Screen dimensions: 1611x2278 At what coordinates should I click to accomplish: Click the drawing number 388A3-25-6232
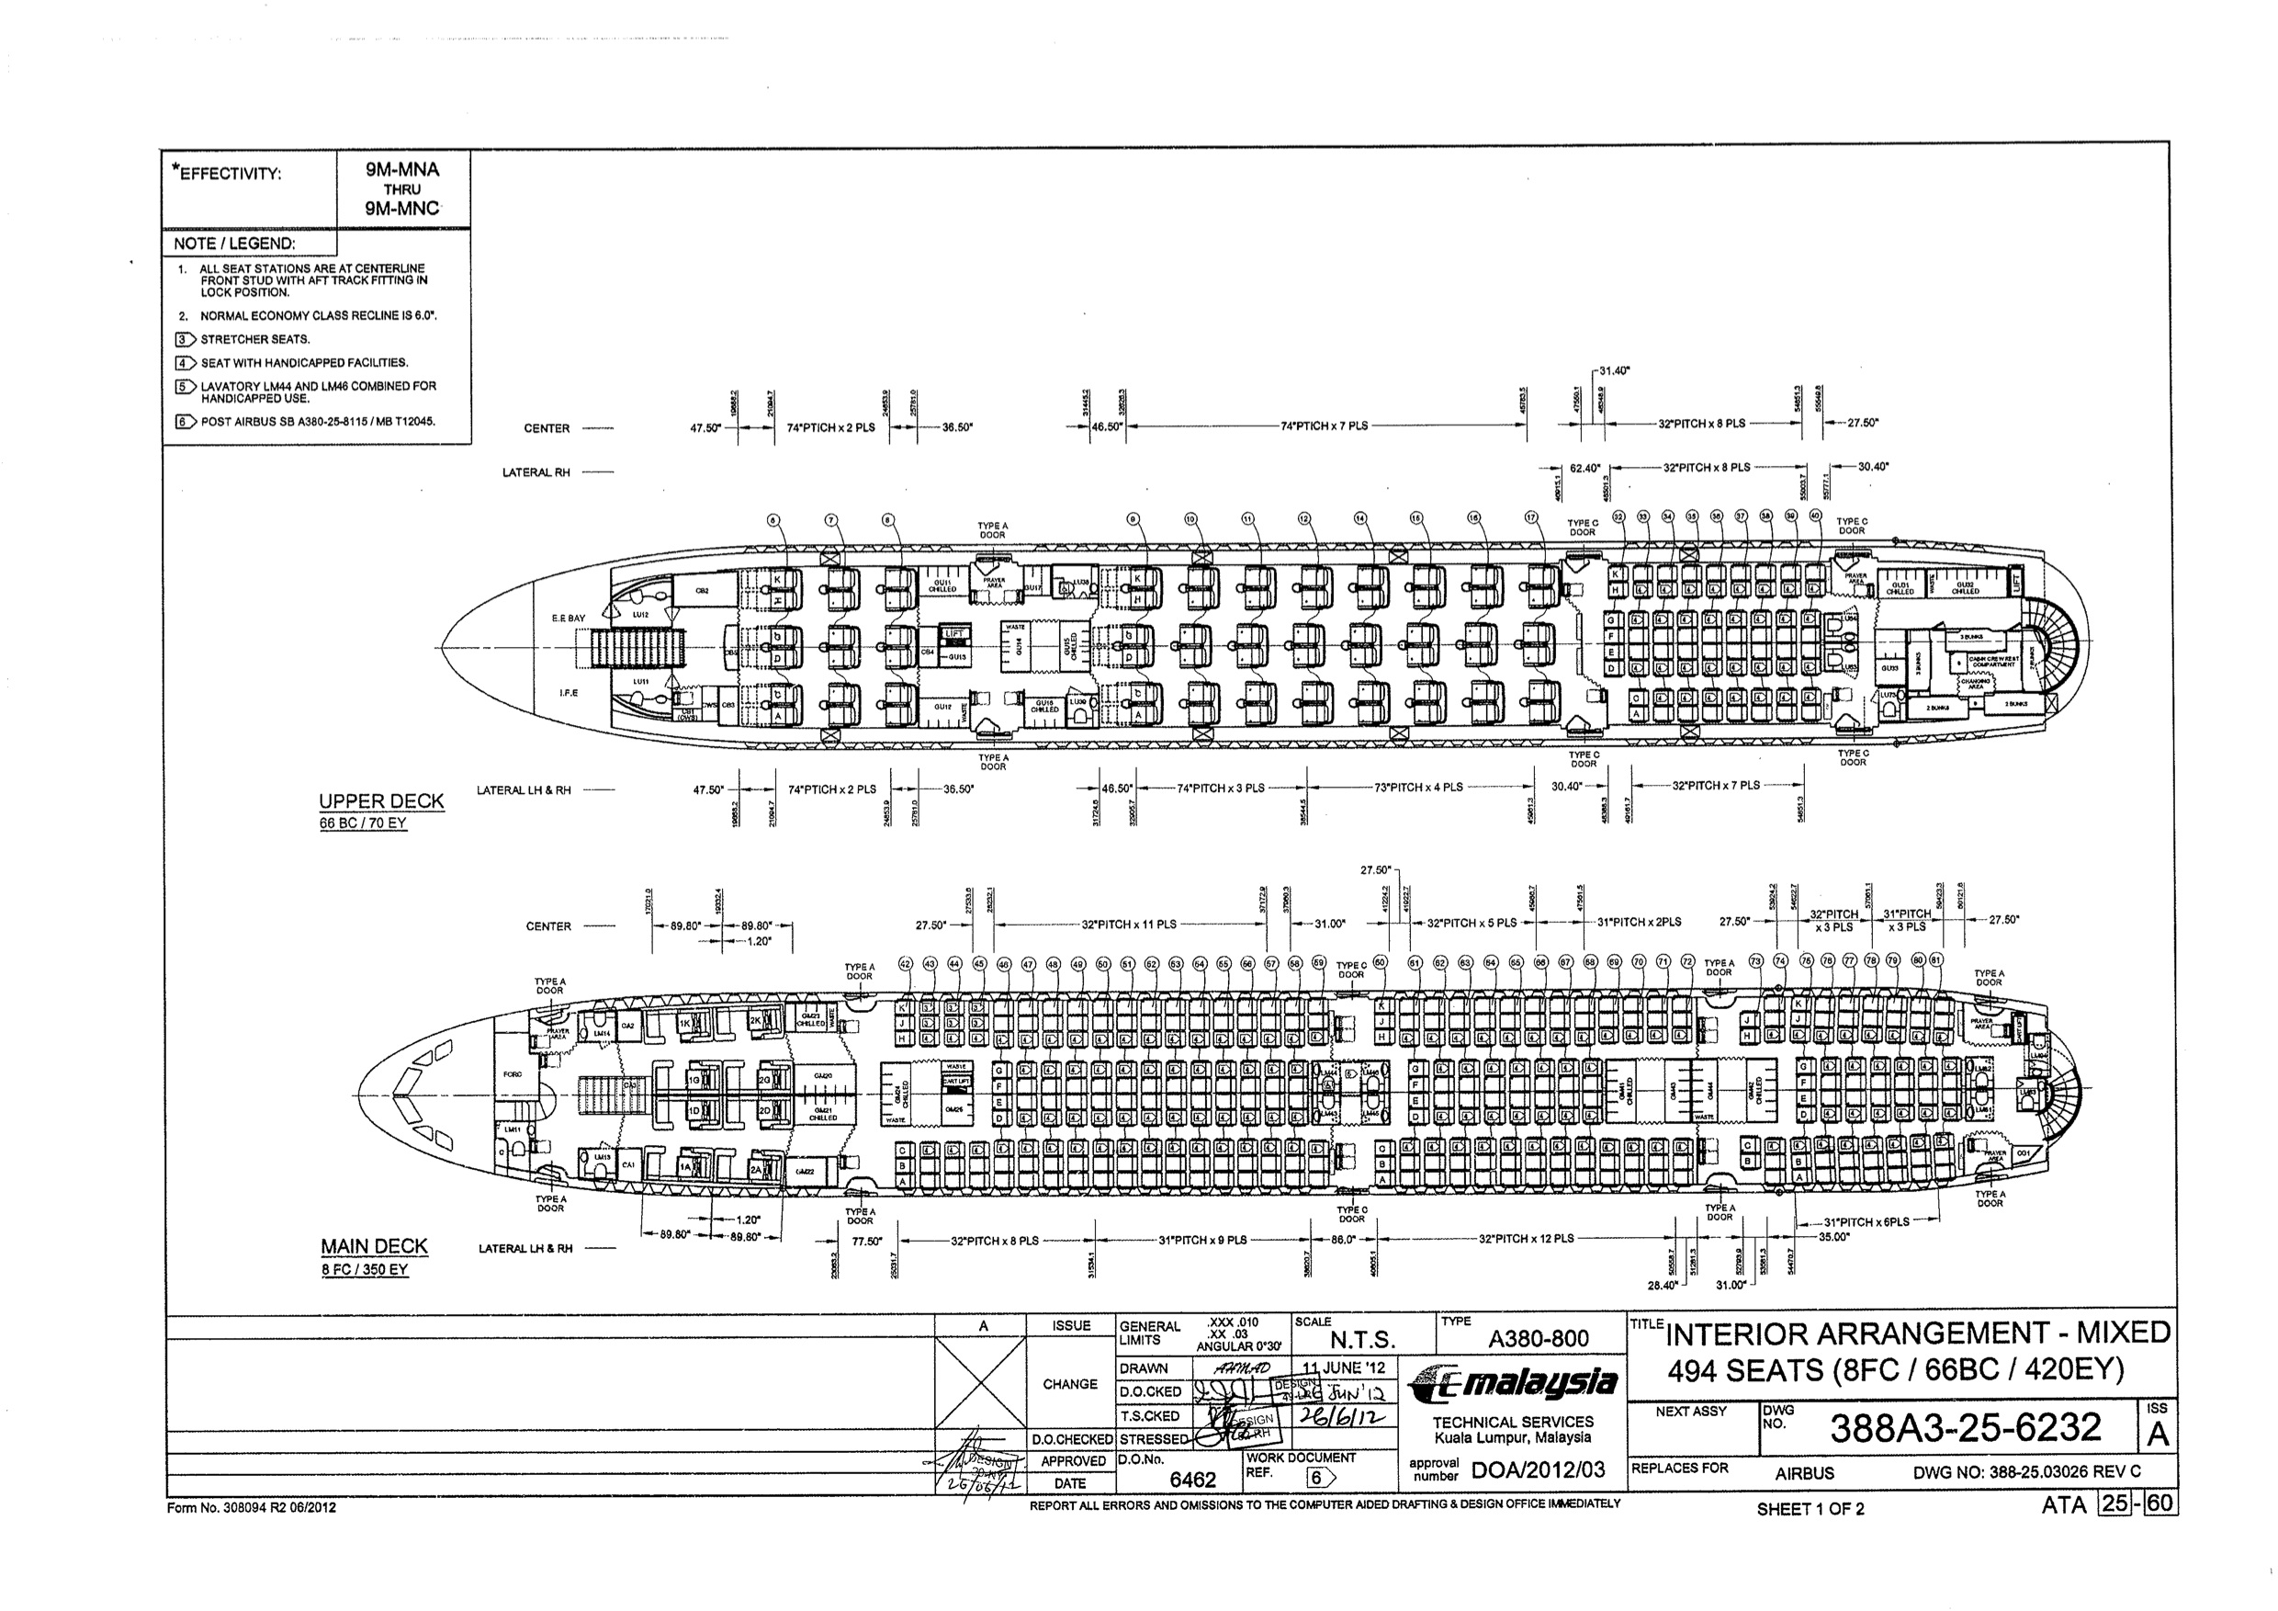point(1966,1427)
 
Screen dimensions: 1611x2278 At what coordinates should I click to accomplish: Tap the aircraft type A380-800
point(1539,1338)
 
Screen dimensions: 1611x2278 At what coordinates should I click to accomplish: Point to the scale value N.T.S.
point(1362,1340)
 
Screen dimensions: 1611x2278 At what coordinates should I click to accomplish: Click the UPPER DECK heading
point(381,801)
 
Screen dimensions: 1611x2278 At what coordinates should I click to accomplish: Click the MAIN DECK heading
point(374,1246)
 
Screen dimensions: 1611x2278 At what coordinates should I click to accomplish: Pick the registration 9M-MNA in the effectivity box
point(401,170)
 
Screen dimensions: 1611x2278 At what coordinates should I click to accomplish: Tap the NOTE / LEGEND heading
point(234,244)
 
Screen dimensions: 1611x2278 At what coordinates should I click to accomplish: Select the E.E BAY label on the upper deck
point(569,618)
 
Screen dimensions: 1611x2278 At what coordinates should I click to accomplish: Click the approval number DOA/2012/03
point(1539,1470)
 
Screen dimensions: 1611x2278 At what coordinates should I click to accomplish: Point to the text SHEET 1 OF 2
point(1810,1510)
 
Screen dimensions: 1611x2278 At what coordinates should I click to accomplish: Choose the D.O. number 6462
point(1192,1480)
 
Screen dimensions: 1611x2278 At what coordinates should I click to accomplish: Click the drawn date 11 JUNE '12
point(1345,1367)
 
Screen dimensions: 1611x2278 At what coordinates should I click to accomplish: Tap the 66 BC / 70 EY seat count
point(363,823)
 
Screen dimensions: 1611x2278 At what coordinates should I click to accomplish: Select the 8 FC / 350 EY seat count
point(364,1269)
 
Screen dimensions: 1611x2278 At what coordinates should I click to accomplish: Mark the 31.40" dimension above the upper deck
point(1615,370)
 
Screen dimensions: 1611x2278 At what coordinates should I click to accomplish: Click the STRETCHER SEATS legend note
point(255,339)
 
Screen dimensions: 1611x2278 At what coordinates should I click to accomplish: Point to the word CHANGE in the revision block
point(1069,1384)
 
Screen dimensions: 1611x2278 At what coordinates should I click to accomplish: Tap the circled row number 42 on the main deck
point(905,964)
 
